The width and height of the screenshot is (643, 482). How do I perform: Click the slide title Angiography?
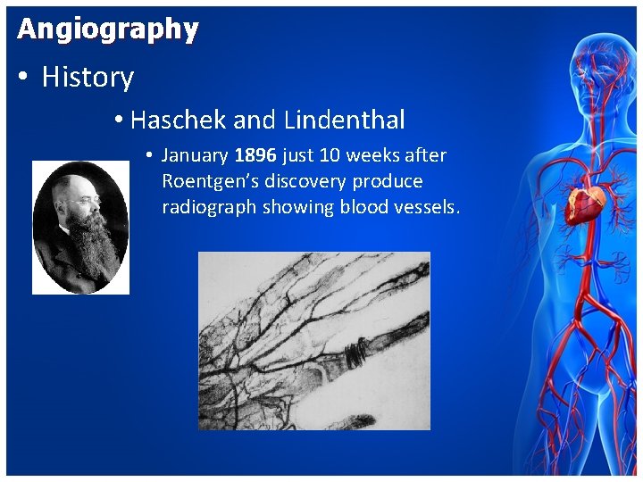(107, 29)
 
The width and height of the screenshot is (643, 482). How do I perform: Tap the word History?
(88, 78)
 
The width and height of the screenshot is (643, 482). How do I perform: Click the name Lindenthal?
(344, 120)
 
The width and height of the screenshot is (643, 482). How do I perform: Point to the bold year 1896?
(255, 155)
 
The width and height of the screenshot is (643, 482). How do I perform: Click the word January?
(195, 155)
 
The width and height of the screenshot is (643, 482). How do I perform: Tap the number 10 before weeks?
(329, 155)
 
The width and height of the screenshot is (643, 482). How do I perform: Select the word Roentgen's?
(210, 181)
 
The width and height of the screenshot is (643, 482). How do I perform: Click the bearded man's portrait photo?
(80, 228)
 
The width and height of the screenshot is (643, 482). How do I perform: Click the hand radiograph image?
(313, 340)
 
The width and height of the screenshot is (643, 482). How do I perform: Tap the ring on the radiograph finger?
(355, 353)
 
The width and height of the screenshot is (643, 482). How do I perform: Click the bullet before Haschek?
(120, 120)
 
